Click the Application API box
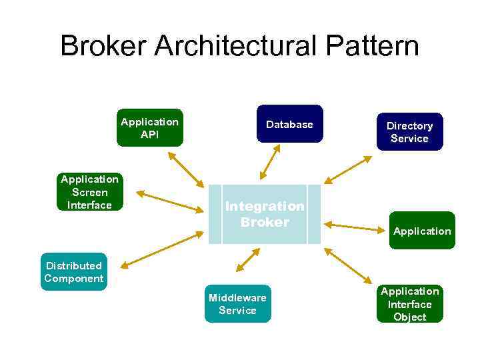tap(149, 127)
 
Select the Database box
tap(289, 124)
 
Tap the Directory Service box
tap(409, 131)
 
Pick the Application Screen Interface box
tap(89, 192)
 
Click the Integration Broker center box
tap(264, 214)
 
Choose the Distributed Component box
tap(73, 271)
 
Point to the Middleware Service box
tap(237, 304)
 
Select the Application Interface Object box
tap(409, 304)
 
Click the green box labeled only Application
tap(422, 231)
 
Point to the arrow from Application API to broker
tap(185, 169)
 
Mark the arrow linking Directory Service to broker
tap(349, 169)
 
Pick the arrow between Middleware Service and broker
tap(248, 260)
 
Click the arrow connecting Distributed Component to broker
tap(163, 249)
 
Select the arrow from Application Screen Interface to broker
tap(169, 201)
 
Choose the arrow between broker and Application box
tap(355, 227)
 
